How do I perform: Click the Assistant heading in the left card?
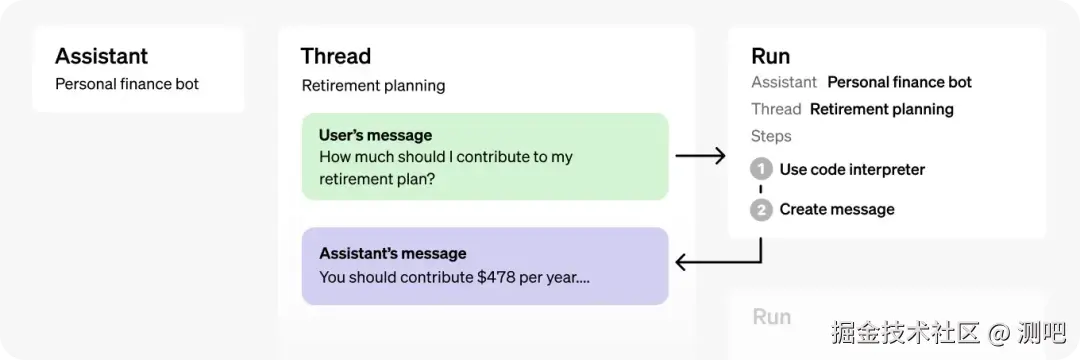[101, 56]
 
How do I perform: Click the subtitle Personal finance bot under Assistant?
[127, 85]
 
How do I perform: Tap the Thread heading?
[335, 56]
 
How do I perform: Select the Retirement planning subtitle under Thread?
[373, 85]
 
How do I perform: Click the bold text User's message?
[375, 134]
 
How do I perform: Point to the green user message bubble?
[485, 156]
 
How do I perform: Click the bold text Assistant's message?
[393, 253]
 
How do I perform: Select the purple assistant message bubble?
[485, 266]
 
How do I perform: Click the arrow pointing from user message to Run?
[700, 156]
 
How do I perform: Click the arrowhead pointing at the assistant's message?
[681, 262]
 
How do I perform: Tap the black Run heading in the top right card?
[771, 56]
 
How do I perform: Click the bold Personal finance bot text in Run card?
[900, 83]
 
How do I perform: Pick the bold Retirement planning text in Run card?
[882, 109]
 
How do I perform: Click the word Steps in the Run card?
[771, 136]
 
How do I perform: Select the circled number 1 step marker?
[761, 169]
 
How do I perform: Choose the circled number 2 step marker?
[761, 210]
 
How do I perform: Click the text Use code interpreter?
[852, 169]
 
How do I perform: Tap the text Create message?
[837, 209]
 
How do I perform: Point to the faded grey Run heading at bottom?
[771, 317]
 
